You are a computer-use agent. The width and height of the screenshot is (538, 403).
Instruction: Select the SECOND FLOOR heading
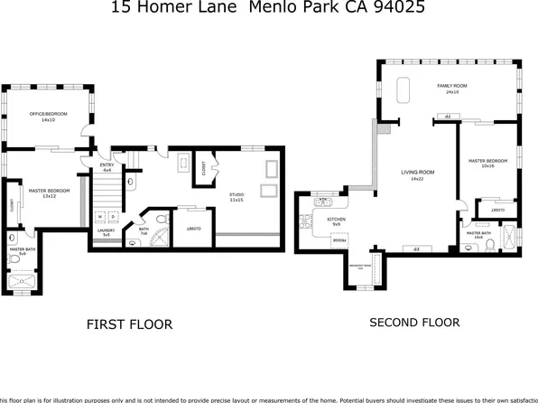414,322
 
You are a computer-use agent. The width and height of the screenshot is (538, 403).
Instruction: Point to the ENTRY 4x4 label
107,167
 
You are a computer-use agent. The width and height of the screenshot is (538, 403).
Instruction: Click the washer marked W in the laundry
99,218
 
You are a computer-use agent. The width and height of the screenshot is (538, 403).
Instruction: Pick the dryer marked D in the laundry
112,218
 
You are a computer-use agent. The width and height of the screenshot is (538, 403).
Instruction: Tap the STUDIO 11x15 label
236,196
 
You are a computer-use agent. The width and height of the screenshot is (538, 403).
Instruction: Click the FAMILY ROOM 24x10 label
449,89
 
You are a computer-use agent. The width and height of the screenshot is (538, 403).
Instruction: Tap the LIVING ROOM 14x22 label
417,174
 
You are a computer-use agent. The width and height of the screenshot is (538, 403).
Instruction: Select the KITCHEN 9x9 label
336,221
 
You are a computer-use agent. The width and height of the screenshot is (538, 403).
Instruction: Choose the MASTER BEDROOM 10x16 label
487,164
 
